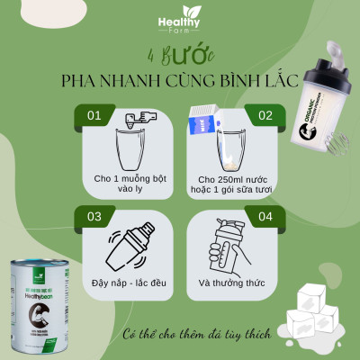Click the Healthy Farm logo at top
179,22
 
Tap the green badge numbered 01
91,116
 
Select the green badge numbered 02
265,116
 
